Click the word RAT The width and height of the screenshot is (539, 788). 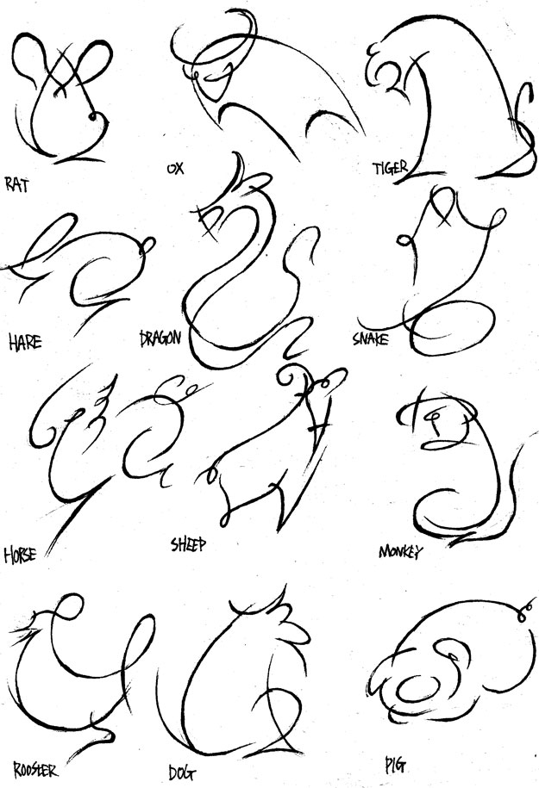(x=17, y=184)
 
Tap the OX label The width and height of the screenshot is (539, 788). (x=176, y=168)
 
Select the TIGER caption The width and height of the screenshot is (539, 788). (x=390, y=168)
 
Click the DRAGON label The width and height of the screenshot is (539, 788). (x=160, y=338)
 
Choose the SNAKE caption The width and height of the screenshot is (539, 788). (x=371, y=338)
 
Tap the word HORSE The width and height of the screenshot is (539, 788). (x=20, y=555)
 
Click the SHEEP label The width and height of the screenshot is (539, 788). (x=189, y=543)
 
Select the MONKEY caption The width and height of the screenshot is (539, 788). (x=401, y=551)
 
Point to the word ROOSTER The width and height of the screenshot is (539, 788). (x=35, y=769)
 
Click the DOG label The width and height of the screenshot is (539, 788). (x=182, y=772)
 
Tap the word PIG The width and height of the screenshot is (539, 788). (x=395, y=765)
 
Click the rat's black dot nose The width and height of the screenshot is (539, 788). (x=92, y=116)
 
